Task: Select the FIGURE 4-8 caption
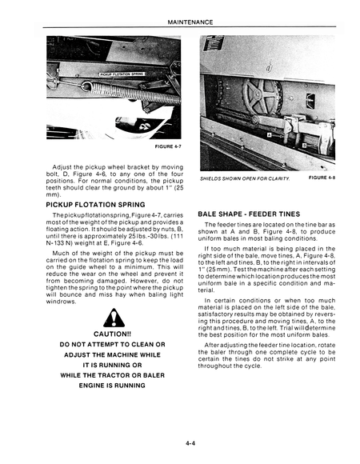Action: click(322, 177)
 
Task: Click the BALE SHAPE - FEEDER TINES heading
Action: click(250, 214)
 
